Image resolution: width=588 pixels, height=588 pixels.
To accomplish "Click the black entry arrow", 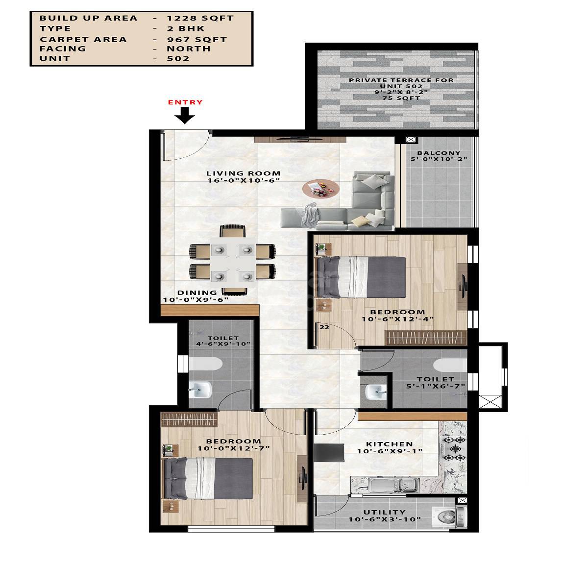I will click(x=185, y=115).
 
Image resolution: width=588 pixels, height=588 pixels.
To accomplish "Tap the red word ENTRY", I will click(x=185, y=102).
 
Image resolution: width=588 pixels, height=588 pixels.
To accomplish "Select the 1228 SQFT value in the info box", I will click(x=200, y=18).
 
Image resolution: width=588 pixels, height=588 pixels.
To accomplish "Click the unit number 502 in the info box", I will click(x=178, y=58).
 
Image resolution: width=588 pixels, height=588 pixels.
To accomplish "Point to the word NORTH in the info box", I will click(x=189, y=49).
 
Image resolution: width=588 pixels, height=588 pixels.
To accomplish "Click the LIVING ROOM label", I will click(x=243, y=173).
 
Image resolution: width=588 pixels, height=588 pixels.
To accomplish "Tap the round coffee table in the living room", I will click(x=320, y=189).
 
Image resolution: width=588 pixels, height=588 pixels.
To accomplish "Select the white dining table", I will click(x=232, y=263).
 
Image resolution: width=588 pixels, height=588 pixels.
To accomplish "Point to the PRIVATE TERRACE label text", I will click(x=401, y=80).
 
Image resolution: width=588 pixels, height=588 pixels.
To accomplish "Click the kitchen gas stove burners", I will click(x=454, y=449).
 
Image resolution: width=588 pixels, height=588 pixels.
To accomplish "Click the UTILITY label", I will click(x=384, y=512).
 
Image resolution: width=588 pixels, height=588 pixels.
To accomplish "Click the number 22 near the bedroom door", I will click(x=324, y=327).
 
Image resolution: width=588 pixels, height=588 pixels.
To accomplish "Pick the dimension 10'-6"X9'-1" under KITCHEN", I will click(x=390, y=451).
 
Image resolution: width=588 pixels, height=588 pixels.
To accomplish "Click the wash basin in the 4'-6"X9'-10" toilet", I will click(x=200, y=391).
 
